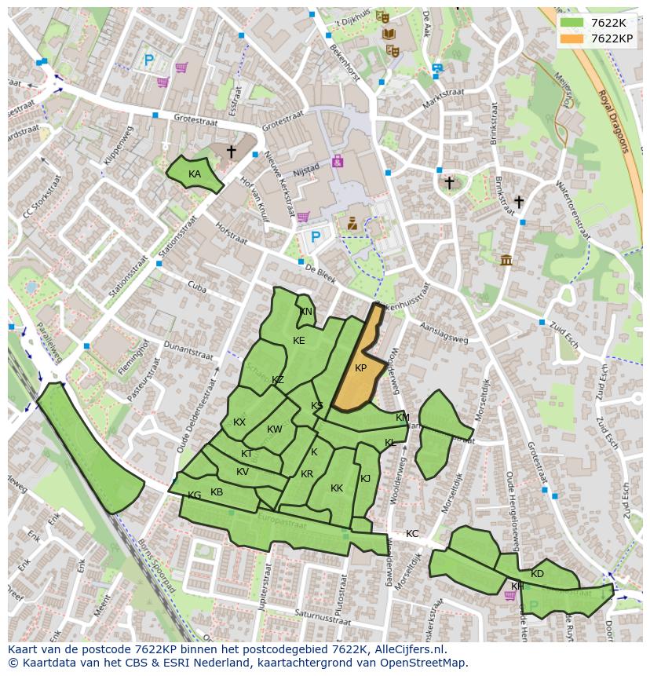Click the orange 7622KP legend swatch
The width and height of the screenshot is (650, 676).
point(571,38)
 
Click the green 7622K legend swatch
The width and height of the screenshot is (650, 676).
point(571,23)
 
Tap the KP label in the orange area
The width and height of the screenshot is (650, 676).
point(360,368)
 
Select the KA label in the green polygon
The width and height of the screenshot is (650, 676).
point(195,174)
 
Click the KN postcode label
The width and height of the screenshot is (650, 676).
point(306,312)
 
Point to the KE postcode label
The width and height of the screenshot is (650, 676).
point(298,341)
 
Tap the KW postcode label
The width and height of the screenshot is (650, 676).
point(274,429)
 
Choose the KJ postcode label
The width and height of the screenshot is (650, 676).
point(365,479)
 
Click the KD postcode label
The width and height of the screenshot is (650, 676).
point(537,574)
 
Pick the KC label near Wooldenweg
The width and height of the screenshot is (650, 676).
point(412,534)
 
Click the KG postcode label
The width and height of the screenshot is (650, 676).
point(194,495)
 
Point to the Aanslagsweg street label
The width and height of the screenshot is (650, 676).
point(444,334)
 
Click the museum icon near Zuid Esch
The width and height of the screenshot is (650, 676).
point(506,260)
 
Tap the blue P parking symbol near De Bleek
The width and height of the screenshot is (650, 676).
point(316,237)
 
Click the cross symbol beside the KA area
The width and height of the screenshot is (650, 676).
point(231,151)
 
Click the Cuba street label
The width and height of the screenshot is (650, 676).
point(196,288)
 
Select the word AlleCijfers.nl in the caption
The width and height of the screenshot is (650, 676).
point(408,649)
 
